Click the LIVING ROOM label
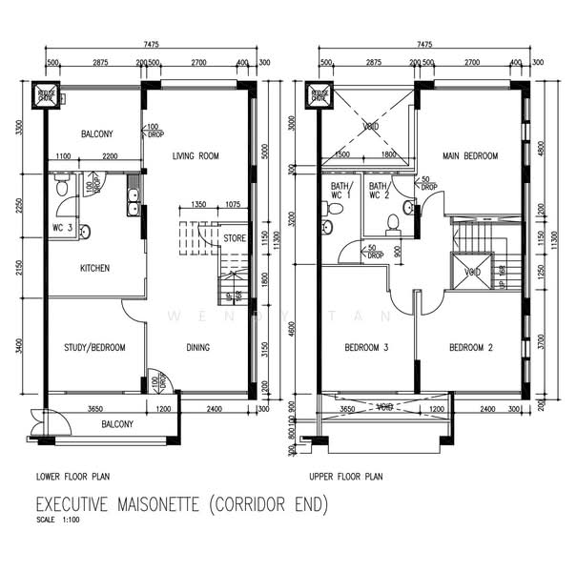click(196, 155)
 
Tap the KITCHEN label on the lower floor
click(93, 268)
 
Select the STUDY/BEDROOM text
click(94, 348)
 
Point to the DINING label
click(197, 348)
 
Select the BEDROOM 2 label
click(470, 348)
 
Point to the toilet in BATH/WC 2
click(390, 223)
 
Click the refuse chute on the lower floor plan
click(45, 95)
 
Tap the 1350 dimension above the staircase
click(199, 204)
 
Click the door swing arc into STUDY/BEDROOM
click(133, 310)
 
